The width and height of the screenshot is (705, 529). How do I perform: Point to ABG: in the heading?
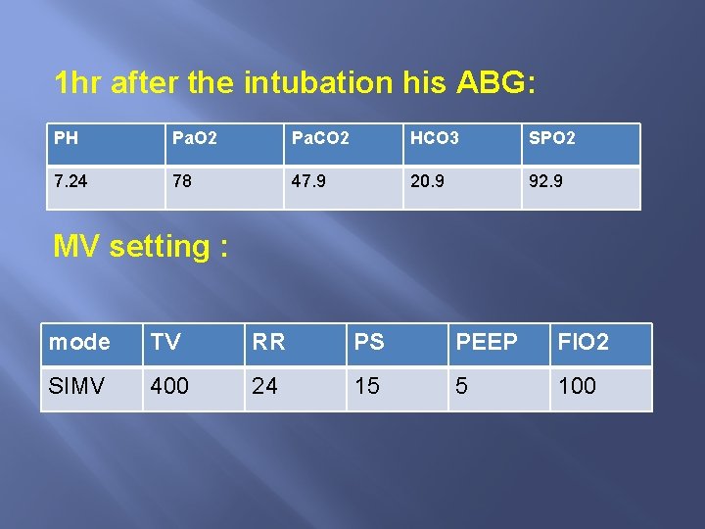pos(495,83)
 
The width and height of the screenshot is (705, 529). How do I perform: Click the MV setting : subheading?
pos(141,246)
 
